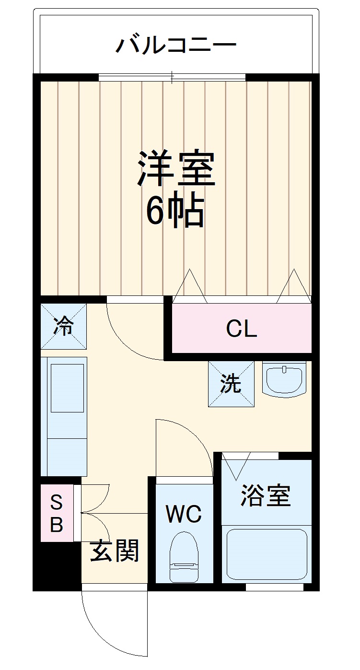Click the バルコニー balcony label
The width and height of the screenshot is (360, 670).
click(176, 45)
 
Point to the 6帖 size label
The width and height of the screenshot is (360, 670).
click(175, 211)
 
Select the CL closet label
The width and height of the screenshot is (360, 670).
click(242, 329)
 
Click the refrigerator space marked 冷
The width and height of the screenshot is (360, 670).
click(63, 327)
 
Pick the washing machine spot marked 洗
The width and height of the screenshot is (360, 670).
click(231, 384)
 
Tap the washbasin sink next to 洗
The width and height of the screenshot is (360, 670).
click(284, 379)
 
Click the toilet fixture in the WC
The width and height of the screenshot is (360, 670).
click(184, 556)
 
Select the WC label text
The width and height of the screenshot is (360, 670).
click(184, 515)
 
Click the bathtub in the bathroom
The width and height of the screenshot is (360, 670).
click(267, 554)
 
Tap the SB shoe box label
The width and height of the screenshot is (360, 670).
click(57, 514)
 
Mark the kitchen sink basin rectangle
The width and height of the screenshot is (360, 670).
click(67, 388)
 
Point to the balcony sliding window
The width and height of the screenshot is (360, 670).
click(173, 77)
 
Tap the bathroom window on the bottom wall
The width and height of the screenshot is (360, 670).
click(274, 587)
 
